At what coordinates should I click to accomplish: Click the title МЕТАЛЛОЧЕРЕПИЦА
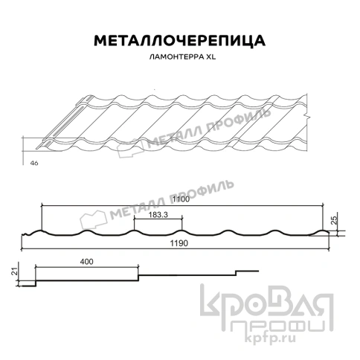coord(179,39)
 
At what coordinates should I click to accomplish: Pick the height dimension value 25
coord(335,219)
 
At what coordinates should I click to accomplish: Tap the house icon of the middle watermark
coord(96,216)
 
